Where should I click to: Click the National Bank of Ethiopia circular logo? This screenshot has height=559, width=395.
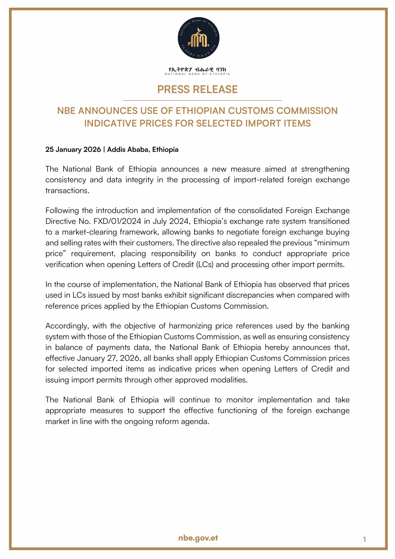[x=198, y=38]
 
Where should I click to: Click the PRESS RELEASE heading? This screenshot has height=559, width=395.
[x=197, y=90]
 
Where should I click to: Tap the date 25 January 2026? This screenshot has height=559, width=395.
[x=73, y=150]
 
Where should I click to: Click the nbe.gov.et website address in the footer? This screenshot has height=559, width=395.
[x=198, y=538]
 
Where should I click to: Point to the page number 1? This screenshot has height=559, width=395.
[x=364, y=539]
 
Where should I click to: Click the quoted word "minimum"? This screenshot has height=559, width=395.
[x=333, y=243]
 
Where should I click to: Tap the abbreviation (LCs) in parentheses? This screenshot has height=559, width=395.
[x=205, y=265]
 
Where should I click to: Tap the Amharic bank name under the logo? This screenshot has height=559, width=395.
[x=197, y=69]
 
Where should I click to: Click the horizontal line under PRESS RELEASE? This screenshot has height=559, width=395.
[x=202, y=100]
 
